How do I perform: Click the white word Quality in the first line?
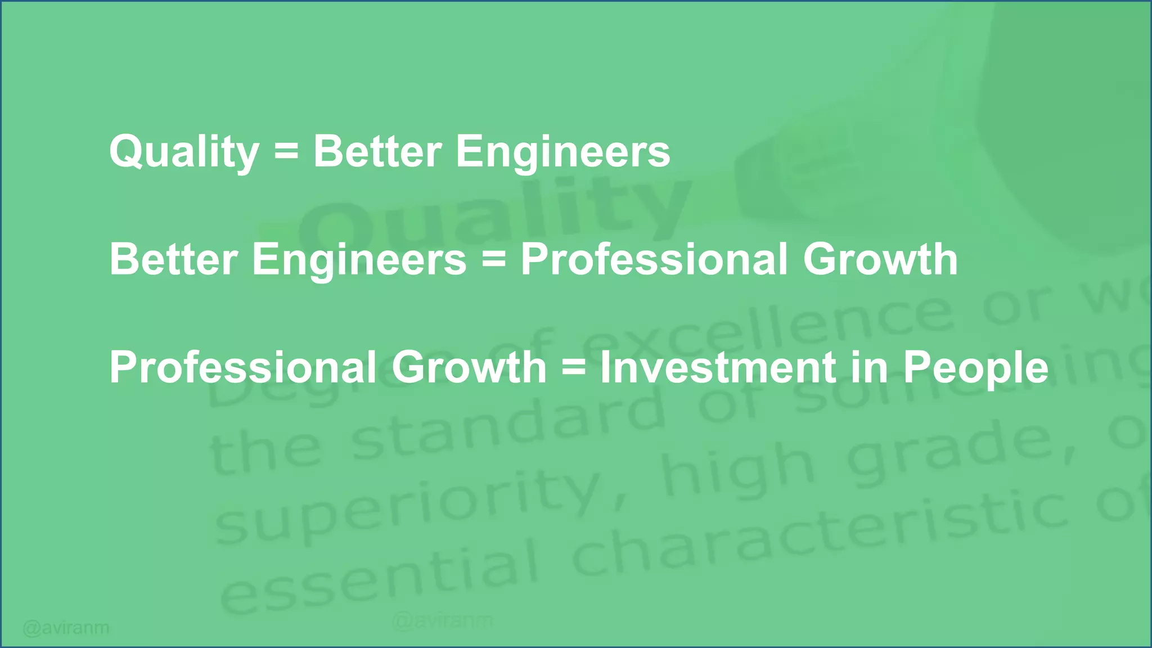coord(184,152)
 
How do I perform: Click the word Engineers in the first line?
coord(563,152)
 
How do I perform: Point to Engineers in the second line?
coord(359,260)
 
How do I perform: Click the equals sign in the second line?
coord(493,260)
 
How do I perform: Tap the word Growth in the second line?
coord(880,260)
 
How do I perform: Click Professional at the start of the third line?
coord(243,368)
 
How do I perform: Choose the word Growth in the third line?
coord(469,368)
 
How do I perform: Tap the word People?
coord(976,368)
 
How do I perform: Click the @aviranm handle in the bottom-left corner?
coord(66,627)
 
